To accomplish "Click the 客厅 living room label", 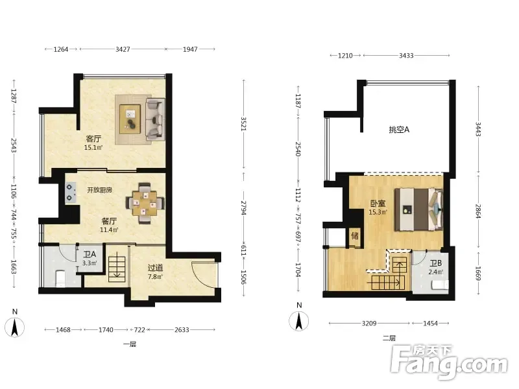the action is click(x=93, y=139).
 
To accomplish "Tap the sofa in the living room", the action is click(x=155, y=119).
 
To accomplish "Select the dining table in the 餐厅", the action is click(x=145, y=203).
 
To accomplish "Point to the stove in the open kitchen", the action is click(x=70, y=193).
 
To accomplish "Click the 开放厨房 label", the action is click(x=99, y=190).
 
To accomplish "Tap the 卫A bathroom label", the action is click(x=90, y=254).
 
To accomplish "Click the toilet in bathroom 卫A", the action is click(x=60, y=279).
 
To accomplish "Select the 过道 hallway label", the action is click(x=155, y=268).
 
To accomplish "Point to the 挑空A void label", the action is click(x=399, y=130).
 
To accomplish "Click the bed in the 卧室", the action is click(x=418, y=209).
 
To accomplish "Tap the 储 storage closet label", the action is click(x=355, y=236).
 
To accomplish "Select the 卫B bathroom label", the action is click(x=435, y=263).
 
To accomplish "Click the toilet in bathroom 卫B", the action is click(x=440, y=285).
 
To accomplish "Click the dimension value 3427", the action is click(x=123, y=49).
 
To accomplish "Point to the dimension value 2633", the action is click(x=182, y=330).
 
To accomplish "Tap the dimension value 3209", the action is click(x=368, y=323).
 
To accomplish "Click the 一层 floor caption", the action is click(x=130, y=344).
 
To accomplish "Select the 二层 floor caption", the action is click(x=389, y=338).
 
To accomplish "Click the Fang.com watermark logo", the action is click(x=449, y=362).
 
